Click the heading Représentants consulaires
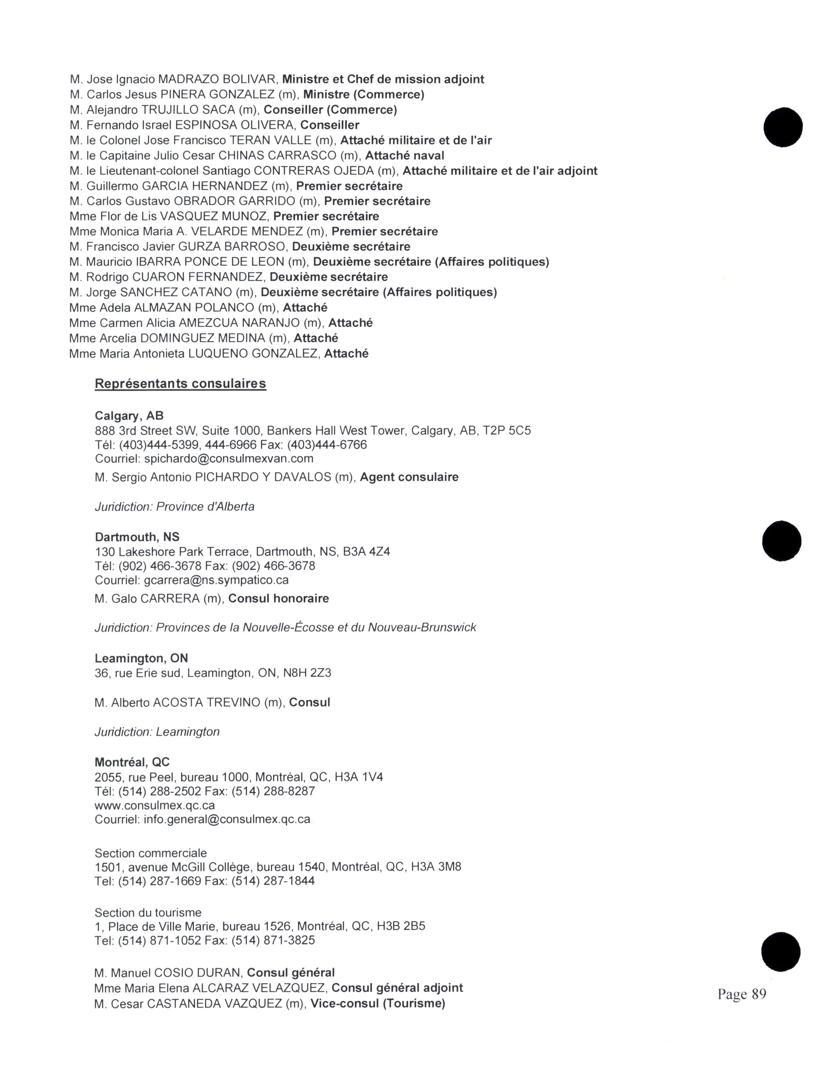[180, 384]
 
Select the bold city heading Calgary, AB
[129, 416]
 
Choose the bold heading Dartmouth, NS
[137, 537]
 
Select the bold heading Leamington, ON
[141, 658]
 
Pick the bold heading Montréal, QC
[132, 762]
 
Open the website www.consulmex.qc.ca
[155, 805]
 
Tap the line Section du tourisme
[148, 912]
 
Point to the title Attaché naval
[405, 156]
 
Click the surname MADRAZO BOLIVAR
[218, 79]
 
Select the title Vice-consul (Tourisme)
[378, 1003]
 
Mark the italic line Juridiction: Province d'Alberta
[174, 507]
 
